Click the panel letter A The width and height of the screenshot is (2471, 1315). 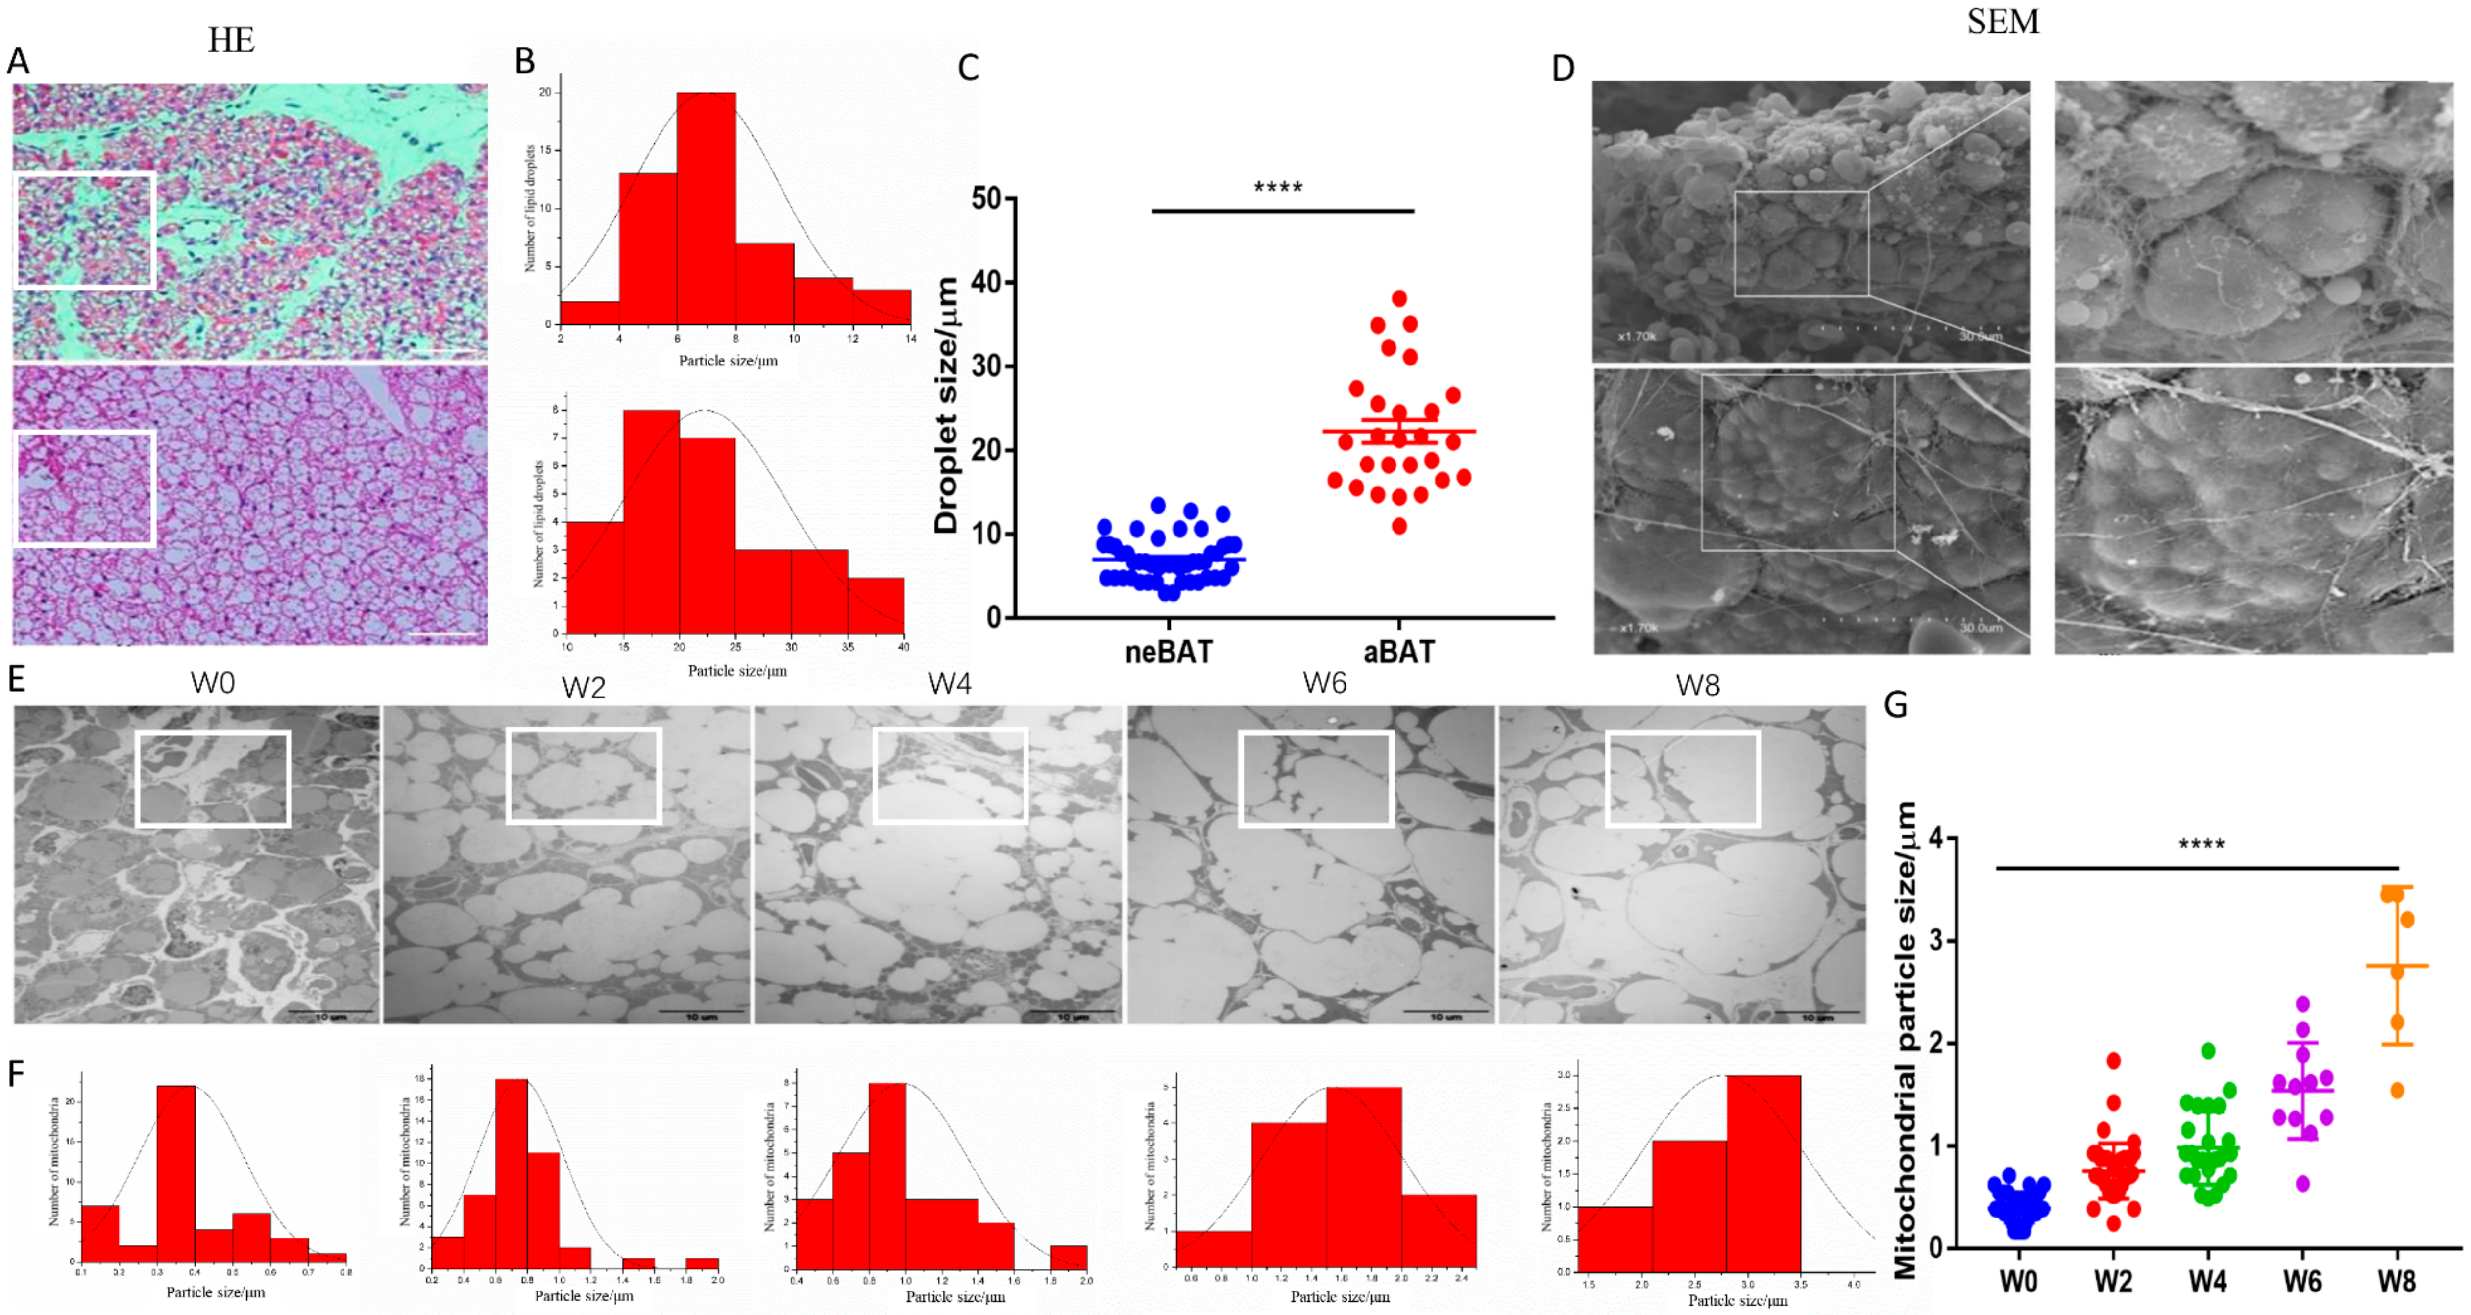pyautogui.click(x=17, y=61)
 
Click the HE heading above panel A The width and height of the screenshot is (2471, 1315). pyautogui.click(x=231, y=40)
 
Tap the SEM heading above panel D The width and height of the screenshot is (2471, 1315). pyautogui.click(x=2003, y=21)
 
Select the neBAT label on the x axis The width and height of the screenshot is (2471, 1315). pyautogui.click(x=1168, y=652)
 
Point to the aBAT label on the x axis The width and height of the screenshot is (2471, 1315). pyautogui.click(x=1398, y=652)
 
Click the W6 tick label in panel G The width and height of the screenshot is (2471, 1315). pyautogui.click(x=2302, y=1281)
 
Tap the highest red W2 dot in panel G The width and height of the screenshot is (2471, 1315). pyautogui.click(x=2113, y=1061)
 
